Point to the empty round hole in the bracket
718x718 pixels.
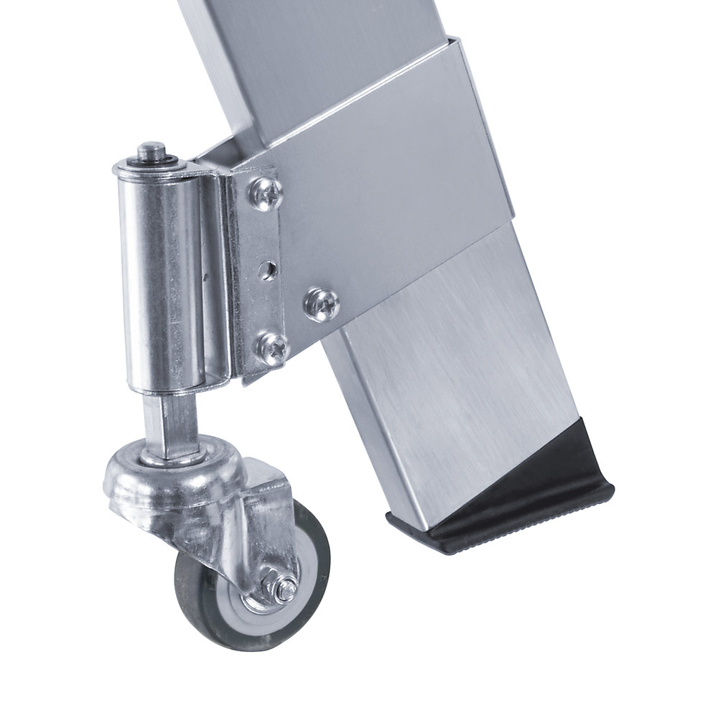[267, 270]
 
